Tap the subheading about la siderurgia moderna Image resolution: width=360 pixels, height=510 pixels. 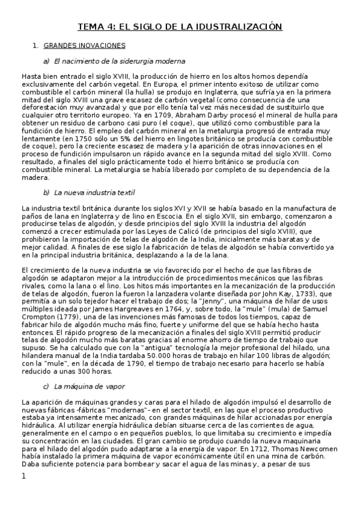point(119,61)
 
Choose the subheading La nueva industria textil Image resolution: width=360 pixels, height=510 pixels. point(94,192)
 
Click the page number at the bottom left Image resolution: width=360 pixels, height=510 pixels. point(23,477)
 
